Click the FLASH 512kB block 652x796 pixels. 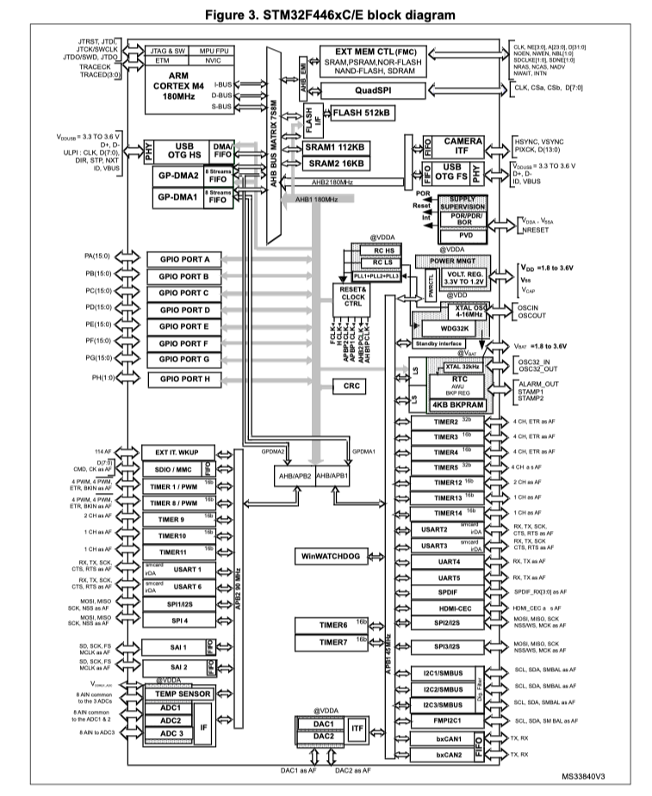(x=361, y=113)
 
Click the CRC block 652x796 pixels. (x=351, y=387)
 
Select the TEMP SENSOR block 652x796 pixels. (x=183, y=693)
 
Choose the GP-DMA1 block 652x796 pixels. (x=177, y=197)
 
